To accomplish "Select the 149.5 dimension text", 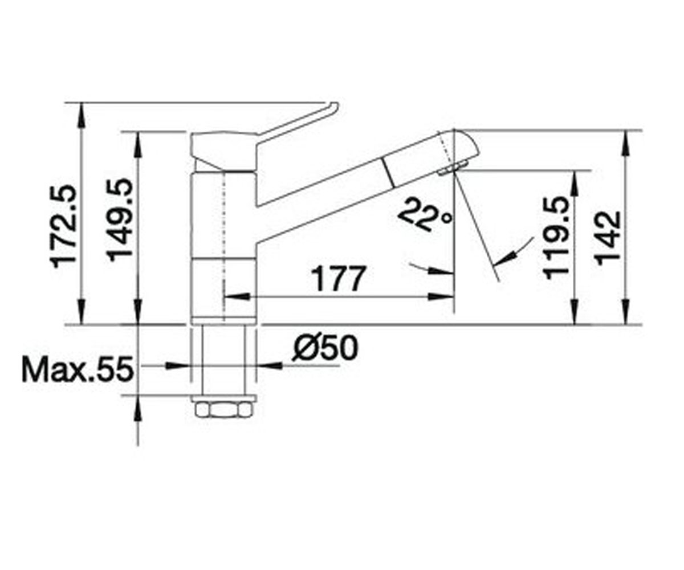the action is coord(119,220).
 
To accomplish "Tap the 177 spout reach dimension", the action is coord(338,279).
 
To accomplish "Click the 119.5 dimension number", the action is coord(556,238).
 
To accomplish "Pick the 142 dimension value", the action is coord(608,238).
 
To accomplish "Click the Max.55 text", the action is coord(78,369).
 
